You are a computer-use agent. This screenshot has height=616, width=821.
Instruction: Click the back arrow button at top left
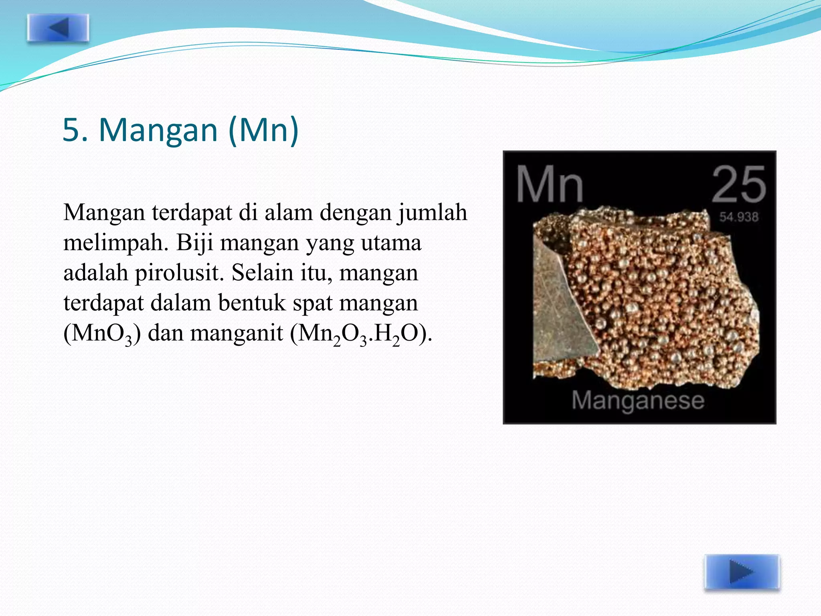click(x=58, y=28)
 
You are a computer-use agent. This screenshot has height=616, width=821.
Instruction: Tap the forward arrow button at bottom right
click(x=742, y=572)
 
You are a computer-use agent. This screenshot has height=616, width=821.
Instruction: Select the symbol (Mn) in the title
click(x=263, y=130)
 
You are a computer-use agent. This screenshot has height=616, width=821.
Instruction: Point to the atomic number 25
click(x=738, y=185)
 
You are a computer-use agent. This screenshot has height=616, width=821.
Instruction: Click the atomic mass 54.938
click(x=738, y=217)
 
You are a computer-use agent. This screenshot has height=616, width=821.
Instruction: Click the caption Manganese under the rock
click(x=638, y=400)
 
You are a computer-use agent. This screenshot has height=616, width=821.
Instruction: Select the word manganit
click(x=237, y=333)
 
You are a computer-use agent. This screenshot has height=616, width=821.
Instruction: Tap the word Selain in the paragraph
click(x=259, y=273)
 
